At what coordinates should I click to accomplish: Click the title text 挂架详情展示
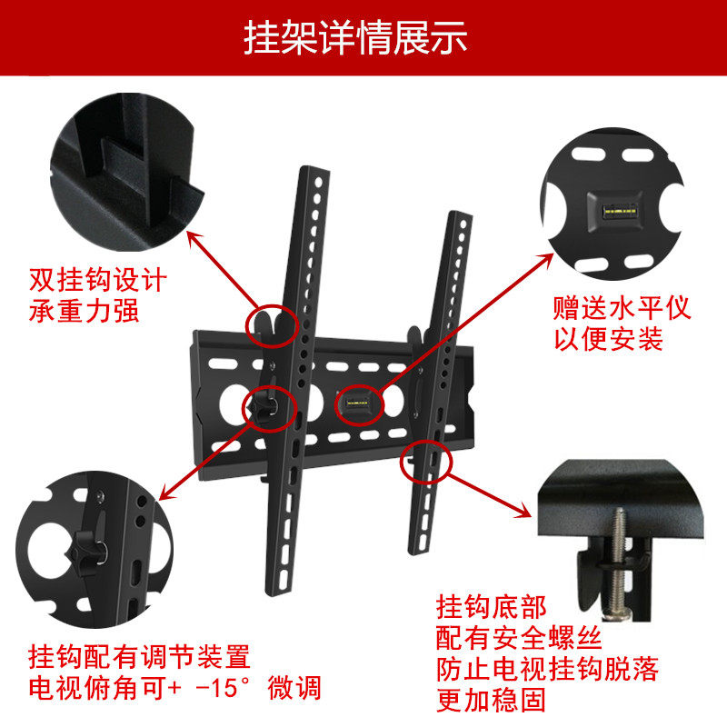point(355,37)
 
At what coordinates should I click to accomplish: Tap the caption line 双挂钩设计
point(98,280)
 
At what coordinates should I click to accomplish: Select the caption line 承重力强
point(84,311)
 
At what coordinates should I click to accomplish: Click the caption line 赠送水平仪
point(622,308)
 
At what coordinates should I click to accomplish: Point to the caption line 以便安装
point(608,338)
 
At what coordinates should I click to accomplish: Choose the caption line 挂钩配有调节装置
point(140,656)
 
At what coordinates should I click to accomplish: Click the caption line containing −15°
point(174,687)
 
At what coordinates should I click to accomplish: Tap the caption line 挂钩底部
point(492,607)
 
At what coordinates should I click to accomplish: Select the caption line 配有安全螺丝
point(519,638)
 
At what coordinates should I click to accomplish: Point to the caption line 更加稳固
point(492,700)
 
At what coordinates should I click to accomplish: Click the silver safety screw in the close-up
point(617,562)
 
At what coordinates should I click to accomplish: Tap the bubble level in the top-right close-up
point(620,213)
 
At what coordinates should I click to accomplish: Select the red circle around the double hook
point(272,305)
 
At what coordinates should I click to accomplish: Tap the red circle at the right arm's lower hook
point(425,442)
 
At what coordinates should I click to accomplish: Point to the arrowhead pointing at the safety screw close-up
point(523,511)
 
